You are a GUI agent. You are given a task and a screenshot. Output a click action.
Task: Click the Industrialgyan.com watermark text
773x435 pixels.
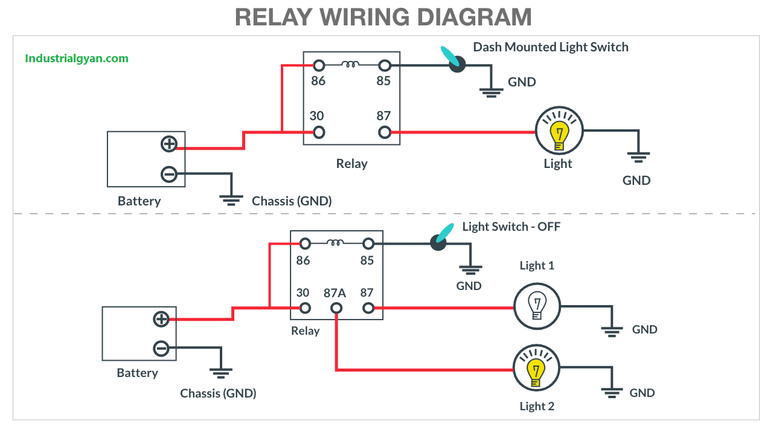77,59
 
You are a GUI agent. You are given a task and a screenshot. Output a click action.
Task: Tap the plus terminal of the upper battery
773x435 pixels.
169,144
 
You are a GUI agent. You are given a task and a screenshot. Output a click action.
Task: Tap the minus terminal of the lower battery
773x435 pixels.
161,349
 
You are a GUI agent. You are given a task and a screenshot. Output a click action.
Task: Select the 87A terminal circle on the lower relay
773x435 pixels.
336,308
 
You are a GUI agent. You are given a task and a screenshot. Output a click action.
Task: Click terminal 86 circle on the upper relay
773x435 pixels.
318,65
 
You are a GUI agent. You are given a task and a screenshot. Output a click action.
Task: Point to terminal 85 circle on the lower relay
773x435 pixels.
368,243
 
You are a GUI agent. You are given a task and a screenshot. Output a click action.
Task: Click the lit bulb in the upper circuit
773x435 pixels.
559,132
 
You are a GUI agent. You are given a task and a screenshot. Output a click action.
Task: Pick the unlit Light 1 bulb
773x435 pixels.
537,306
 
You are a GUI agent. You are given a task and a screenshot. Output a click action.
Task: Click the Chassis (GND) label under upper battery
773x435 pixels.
292,201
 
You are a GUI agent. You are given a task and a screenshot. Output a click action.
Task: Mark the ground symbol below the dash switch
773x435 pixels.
491,92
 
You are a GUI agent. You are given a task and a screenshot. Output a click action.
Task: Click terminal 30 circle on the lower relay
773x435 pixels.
305,308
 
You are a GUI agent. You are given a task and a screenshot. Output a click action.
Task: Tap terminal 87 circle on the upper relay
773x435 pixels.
384,132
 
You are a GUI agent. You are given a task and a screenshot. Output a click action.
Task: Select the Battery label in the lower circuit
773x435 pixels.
137,373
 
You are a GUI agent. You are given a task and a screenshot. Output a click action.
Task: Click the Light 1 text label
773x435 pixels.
536,265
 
